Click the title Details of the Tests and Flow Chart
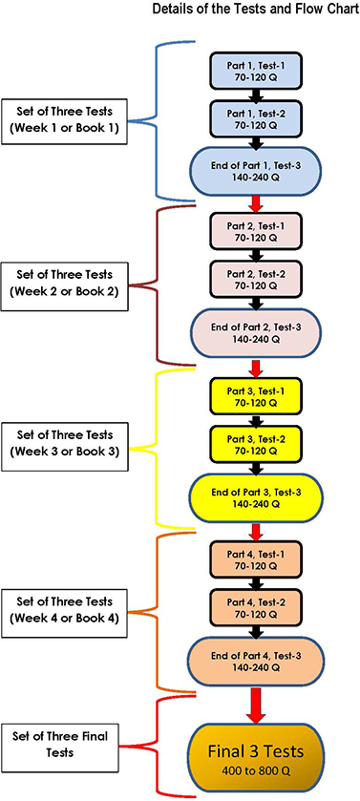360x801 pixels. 256,9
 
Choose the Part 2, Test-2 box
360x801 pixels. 255,280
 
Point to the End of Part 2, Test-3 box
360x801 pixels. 255,333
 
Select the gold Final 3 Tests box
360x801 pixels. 255,751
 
